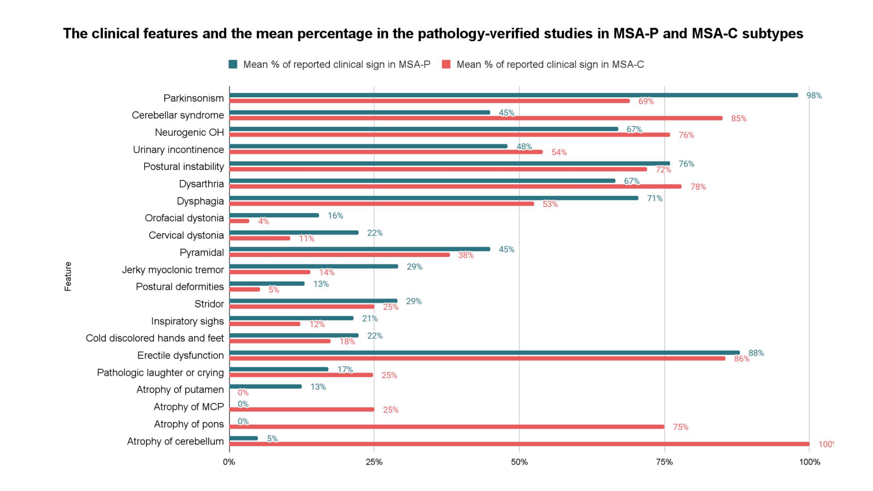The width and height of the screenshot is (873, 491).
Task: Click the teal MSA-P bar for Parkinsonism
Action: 508,95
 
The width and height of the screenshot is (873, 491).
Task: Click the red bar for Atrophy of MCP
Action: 301,409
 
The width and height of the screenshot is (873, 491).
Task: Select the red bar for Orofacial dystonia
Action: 239,221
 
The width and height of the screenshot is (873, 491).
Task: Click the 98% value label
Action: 814,96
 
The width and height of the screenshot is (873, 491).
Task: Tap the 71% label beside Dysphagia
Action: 654,199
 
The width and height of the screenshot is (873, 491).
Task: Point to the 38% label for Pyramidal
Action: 466,255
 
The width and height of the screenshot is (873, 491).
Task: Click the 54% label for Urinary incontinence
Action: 559,152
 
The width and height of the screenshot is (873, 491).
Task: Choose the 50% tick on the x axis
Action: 519,462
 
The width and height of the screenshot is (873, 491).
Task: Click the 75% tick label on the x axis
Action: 664,462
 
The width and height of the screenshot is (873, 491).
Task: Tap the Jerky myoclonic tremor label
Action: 173,270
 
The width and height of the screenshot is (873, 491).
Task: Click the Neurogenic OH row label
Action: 189,132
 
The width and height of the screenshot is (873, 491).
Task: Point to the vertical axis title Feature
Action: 68,276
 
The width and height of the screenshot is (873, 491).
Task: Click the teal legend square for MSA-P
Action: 233,64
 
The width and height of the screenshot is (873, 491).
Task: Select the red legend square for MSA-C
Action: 446,64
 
